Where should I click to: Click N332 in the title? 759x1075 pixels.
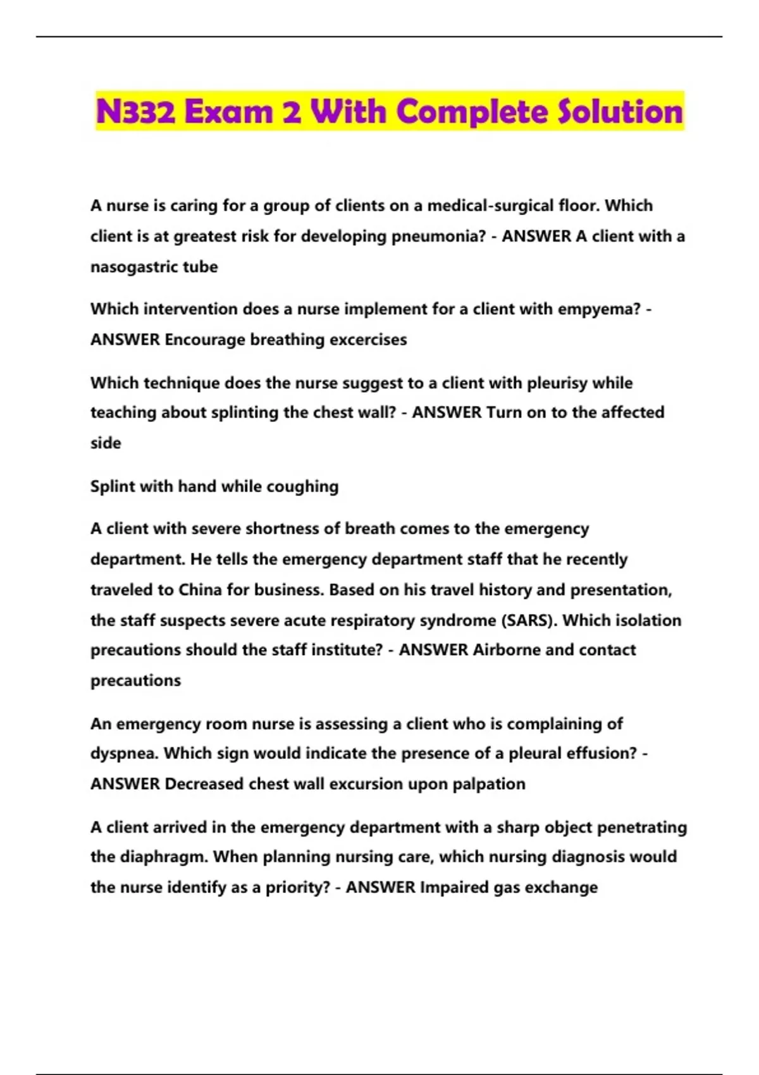[135, 112]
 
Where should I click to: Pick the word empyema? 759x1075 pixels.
[605, 309]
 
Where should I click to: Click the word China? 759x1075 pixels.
[201, 590]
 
